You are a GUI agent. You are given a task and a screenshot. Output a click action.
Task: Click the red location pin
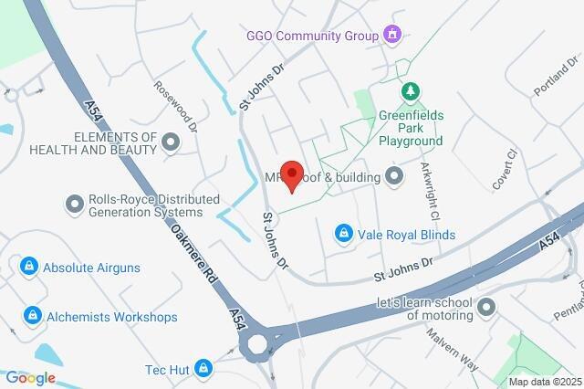(x=291, y=174)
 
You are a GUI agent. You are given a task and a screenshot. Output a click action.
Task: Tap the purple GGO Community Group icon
(x=392, y=36)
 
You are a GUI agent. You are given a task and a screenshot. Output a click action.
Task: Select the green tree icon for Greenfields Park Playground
(x=411, y=91)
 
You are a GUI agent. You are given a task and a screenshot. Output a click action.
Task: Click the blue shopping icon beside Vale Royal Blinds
(x=343, y=235)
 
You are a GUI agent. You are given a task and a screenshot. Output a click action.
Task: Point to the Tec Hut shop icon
(x=203, y=369)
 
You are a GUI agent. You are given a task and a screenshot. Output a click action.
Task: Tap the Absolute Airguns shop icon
(x=29, y=267)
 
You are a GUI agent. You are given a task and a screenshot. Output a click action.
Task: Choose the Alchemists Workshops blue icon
(x=33, y=316)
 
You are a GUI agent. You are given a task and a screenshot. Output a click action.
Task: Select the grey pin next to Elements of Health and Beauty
(x=171, y=142)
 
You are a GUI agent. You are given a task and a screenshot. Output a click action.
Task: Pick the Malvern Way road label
(x=453, y=347)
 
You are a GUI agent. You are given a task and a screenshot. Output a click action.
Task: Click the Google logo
(x=30, y=378)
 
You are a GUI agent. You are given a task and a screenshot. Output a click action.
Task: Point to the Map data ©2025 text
(x=544, y=382)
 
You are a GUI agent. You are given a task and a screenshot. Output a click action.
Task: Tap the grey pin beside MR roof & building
(x=394, y=175)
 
